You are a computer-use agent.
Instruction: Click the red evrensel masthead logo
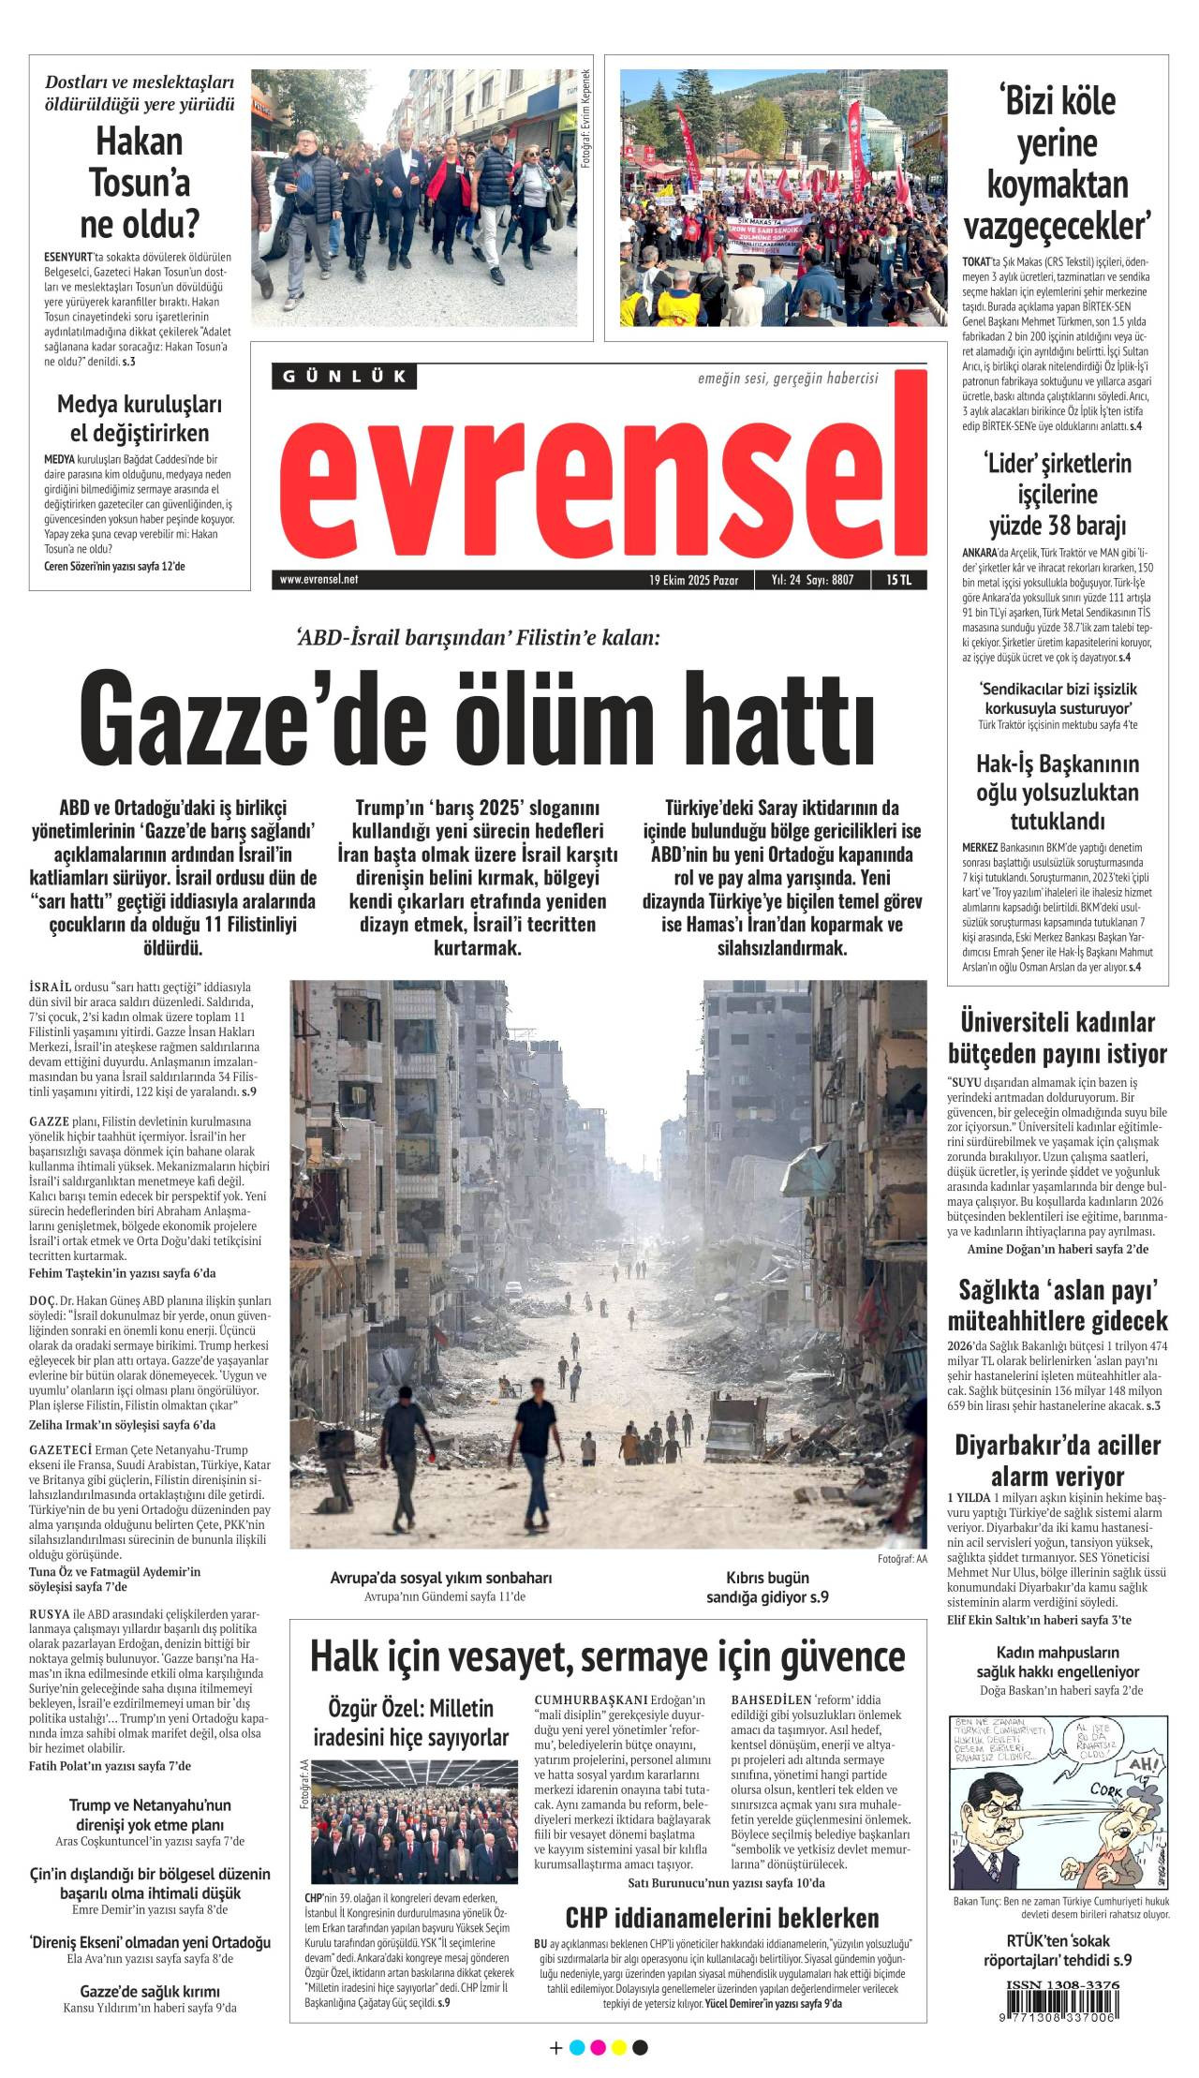[599, 478]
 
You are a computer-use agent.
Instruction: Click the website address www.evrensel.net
[318, 580]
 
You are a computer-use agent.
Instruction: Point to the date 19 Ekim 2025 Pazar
[693, 580]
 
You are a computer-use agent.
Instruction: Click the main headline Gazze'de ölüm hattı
[478, 720]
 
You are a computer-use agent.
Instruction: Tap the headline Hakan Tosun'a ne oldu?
[140, 183]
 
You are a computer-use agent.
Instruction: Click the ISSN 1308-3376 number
[1062, 1985]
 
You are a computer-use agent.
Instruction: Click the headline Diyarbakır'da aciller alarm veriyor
[1057, 1460]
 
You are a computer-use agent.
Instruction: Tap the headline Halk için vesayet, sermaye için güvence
[607, 1656]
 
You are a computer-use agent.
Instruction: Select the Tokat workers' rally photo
[783, 198]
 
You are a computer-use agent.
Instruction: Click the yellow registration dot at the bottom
[618, 2055]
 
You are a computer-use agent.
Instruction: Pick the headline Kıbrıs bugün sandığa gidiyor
[767, 1587]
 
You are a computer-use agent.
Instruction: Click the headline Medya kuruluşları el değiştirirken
[140, 418]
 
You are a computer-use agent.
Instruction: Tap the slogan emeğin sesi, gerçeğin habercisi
[788, 378]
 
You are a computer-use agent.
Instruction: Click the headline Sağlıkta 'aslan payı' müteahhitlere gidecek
[1057, 1305]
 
